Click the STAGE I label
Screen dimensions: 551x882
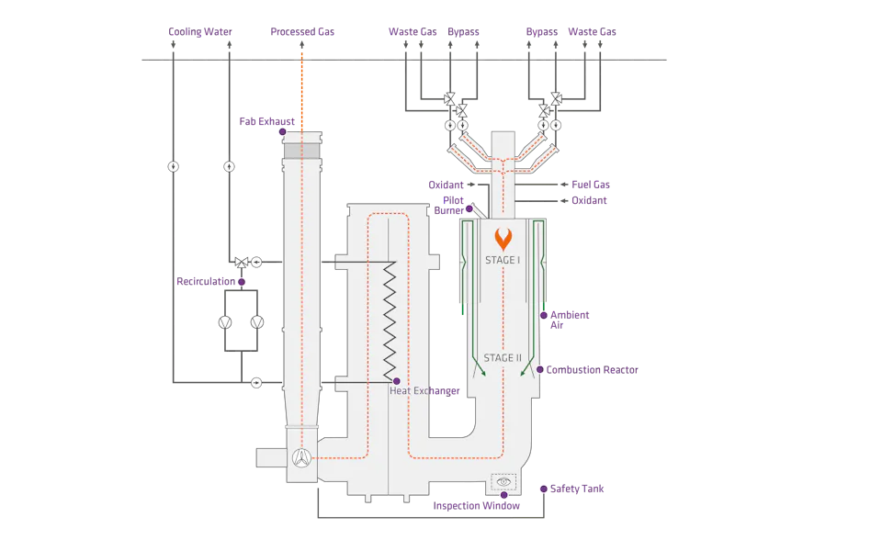click(503, 261)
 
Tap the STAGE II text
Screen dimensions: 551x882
click(503, 357)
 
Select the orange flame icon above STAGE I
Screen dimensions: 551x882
click(503, 239)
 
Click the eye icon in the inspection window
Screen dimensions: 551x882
click(504, 480)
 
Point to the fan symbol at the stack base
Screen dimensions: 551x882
click(300, 456)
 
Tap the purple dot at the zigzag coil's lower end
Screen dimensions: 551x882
click(396, 380)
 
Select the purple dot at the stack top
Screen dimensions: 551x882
click(282, 132)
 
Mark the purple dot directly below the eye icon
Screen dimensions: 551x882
click(503, 496)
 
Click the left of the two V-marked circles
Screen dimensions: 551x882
click(224, 322)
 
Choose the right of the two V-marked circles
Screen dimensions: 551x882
click(257, 322)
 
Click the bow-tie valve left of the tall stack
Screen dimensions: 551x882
click(242, 263)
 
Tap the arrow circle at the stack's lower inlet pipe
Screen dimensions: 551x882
click(256, 381)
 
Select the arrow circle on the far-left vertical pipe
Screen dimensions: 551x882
click(172, 167)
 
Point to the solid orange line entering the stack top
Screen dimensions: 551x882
click(300, 92)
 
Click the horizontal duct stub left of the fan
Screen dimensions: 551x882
click(268, 455)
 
